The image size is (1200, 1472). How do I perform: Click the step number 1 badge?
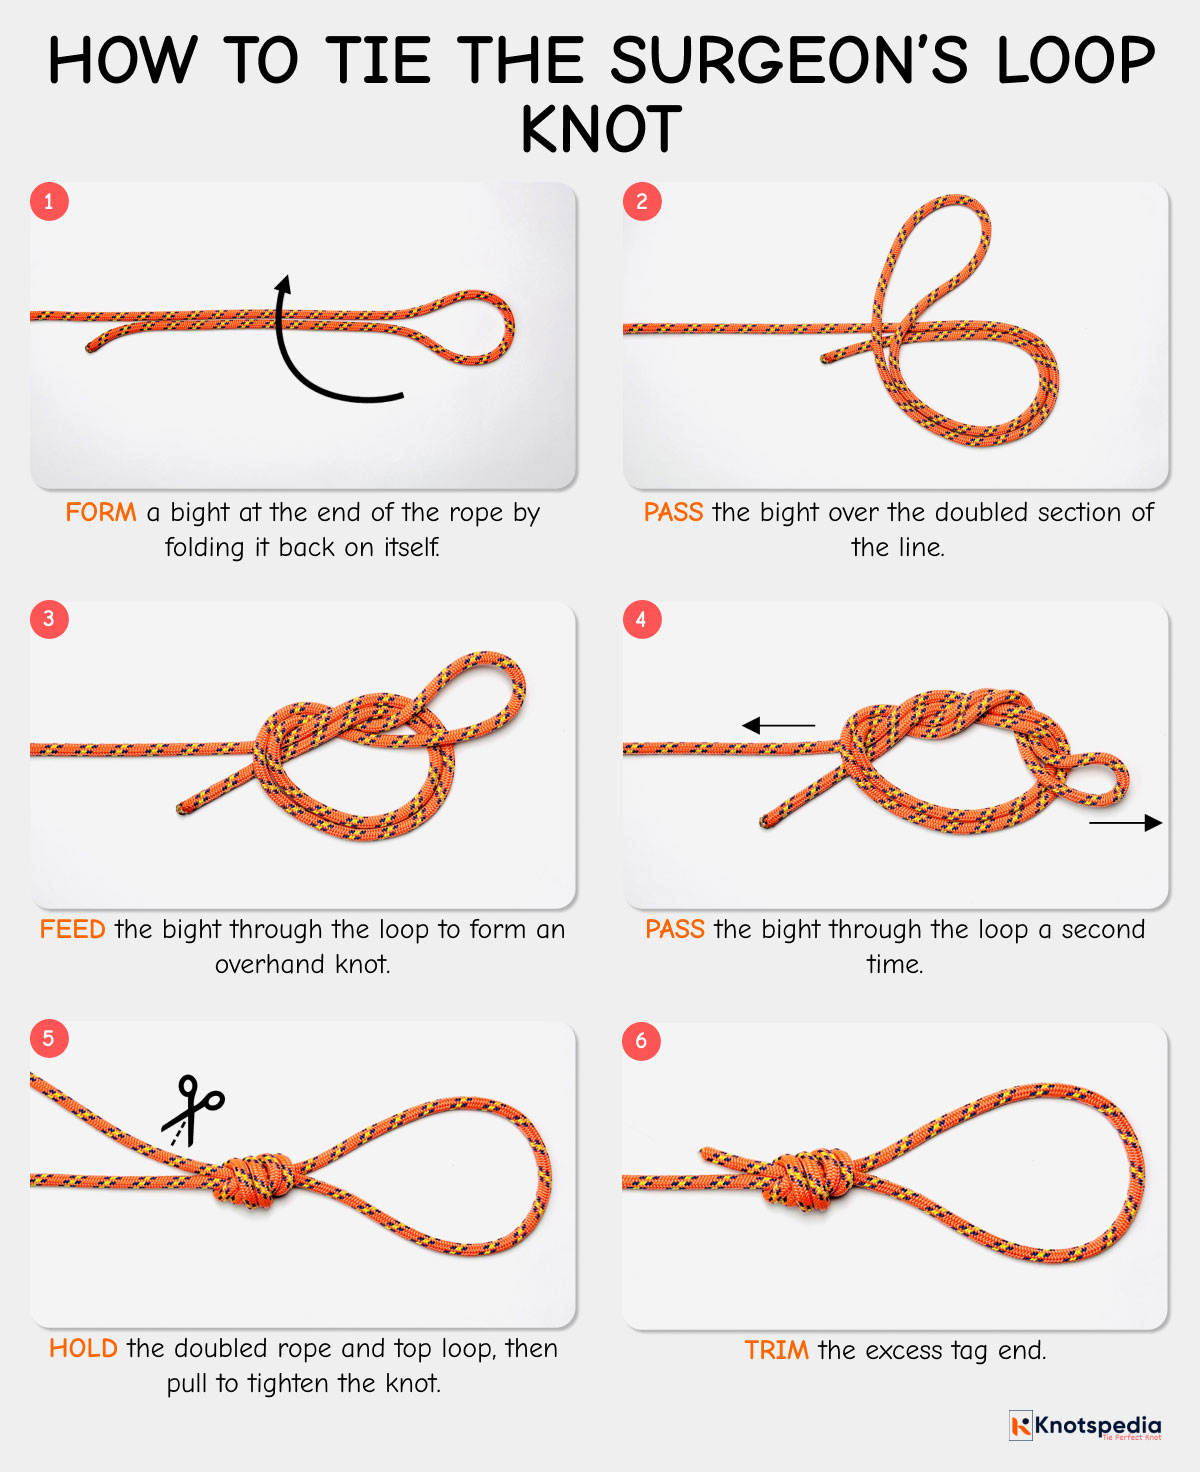pyautogui.click(x=49, y=202)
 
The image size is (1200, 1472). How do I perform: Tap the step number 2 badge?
pyautogui.click(x=642, y=202)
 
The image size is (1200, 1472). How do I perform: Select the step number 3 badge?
pyautogui.click(x=49, y=619)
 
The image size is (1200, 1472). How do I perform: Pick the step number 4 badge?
pyautogui.click(x=642, y=620)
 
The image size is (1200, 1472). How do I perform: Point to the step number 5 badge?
pyautogui.click(x=49, y=1038)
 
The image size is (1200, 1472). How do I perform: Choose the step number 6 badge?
pyautogui.click(x=642, y=1041)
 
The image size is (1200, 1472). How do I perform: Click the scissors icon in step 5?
pyautogui.click(x=194, y=1108)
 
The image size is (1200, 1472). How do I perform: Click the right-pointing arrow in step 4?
pyautogui.click(x=1125, y=823)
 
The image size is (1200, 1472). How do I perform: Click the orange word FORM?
pyautogui.click(x=101, y=513)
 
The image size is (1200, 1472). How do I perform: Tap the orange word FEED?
pyautogui.click(x=72, y=930)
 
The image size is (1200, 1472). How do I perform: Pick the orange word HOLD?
pyautogui.click(x=83, y=1349)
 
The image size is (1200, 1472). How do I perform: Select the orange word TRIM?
pyautogui.click(x=776, y=1351)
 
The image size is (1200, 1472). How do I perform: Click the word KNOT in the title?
pyautogui.click(x=601, y=130)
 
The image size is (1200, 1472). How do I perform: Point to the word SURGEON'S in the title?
pyautogui.click(x=789, y=61)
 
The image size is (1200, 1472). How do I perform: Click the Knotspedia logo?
pyautogui.click(x=1085, y=1426)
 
